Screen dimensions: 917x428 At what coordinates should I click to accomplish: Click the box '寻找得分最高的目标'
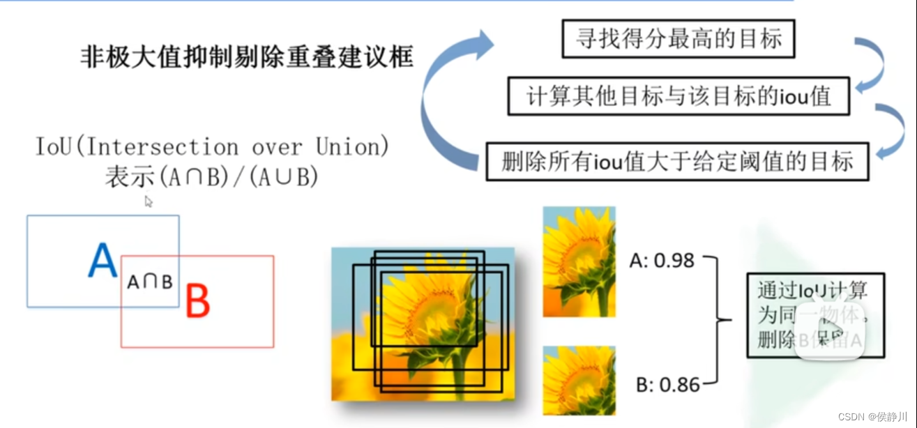(678, 38)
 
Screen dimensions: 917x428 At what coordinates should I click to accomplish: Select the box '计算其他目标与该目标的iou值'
(679, 95)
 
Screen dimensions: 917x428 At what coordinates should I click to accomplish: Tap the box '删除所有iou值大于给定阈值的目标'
(677, 162)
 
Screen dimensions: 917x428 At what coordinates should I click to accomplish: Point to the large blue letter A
(103, 262)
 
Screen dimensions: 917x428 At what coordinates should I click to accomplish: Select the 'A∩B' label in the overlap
(150, 282)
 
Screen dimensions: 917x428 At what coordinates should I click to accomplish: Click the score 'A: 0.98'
(662, 261)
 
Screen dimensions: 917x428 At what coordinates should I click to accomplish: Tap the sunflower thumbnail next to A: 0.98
(579, 261)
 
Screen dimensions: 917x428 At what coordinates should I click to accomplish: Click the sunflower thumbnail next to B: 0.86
(579, 380)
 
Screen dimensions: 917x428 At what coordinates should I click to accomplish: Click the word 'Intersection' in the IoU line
(164, 147)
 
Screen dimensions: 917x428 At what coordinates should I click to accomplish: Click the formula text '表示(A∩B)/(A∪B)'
(211, 177)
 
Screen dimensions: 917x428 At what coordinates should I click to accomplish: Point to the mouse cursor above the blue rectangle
(148, 201)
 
